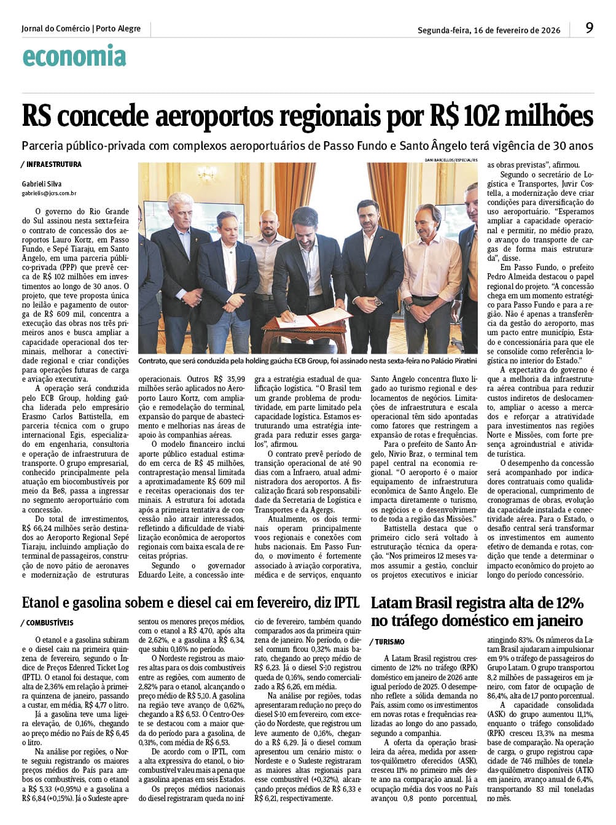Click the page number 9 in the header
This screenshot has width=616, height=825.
tap(589, 28)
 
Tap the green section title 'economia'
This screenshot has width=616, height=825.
tap(74, 56)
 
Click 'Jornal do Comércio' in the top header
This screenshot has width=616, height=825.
tap(55, 28)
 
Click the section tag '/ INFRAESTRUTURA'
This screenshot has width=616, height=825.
tap(51, 165)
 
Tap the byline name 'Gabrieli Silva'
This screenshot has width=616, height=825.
tap(42, 184)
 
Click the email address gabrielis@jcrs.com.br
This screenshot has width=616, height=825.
tap(49, 193)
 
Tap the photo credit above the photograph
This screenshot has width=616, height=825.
tap(450, 160)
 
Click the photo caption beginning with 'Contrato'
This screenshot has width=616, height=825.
tap(307, 361)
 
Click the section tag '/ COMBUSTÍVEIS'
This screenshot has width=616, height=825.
tap(47, 622)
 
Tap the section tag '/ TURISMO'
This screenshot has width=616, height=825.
tap(388, 641)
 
